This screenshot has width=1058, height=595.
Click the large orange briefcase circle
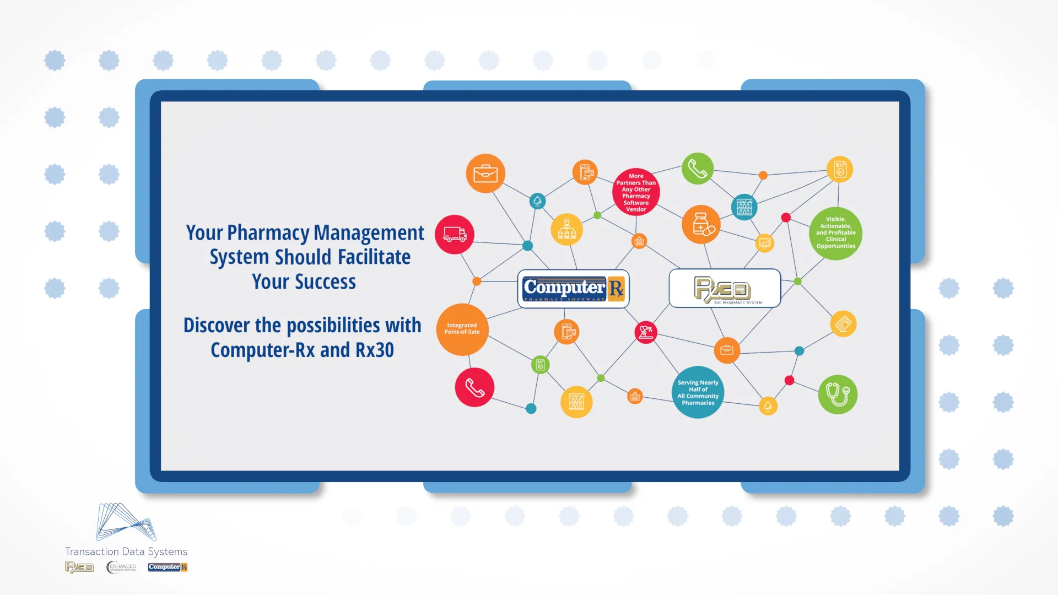point(485,174)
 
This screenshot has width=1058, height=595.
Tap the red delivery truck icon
point(455,235)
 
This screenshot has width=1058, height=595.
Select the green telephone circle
point(698,169)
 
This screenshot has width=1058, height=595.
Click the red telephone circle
point(474,387)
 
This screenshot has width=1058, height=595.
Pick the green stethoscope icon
point(838,394)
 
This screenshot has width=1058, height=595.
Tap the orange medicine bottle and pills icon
point(701,225)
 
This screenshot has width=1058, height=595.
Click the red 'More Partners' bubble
point(636,192)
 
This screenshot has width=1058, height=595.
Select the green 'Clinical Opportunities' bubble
point(836,233)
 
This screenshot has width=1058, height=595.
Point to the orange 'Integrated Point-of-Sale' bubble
point(462,329)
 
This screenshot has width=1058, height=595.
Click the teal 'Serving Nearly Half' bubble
point(698,392)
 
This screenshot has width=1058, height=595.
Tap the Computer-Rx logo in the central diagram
point(573,289)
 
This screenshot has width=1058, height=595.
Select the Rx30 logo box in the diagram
point(725,289)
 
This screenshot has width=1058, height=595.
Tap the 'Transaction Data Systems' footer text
point(126,551)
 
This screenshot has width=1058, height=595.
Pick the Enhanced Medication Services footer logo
point(121,567)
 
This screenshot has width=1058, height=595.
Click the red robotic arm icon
point(646,332)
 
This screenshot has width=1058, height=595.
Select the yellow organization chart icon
point(566,229)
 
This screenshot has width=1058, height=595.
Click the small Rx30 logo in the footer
point(80,567)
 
